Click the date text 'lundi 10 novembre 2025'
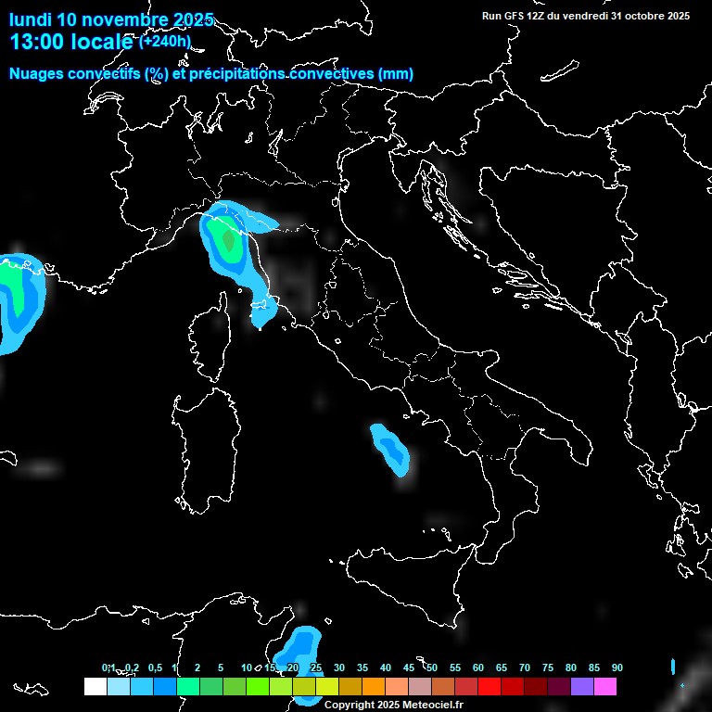pos(111,19)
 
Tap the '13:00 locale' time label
pos(70,42)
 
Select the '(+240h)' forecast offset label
pos(164,42)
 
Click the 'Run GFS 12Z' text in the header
pos(521,16)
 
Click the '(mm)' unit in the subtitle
pos(396,74)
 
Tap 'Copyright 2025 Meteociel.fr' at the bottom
pos(394,705)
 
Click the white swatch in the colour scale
pos(95,686)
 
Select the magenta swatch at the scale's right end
pos(604,686)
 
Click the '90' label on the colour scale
pos(617,668)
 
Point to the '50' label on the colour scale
pos(432,668)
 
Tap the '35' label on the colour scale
pos(362,668)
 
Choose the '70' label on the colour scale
pos(525,668)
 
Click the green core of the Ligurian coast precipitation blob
pos(227,241)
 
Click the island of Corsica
pos(210,338)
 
